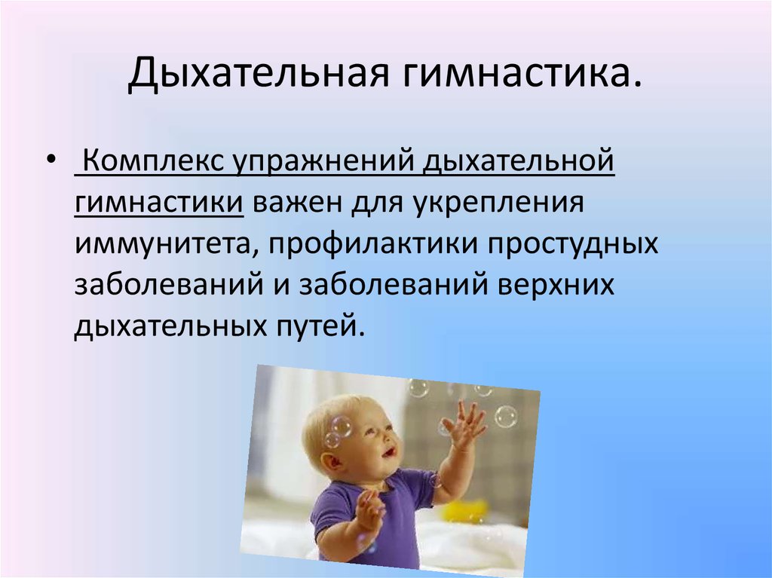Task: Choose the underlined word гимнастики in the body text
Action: tap(159, 203)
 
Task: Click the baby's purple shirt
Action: tap(374, 512)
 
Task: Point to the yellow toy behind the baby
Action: tap(465, 511)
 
